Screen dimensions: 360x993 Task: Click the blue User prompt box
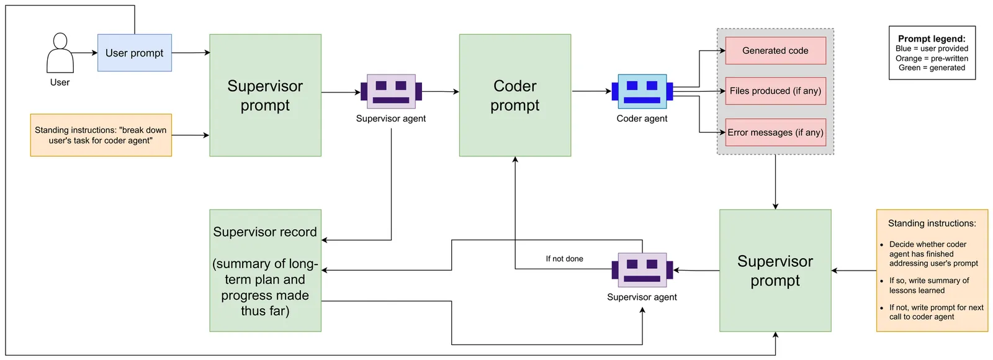134,53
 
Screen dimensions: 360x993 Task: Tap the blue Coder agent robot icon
642,91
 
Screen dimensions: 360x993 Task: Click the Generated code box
775,51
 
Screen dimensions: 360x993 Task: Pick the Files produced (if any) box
775,91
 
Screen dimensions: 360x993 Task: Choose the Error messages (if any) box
775,132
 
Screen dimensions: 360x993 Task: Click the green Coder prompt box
514,95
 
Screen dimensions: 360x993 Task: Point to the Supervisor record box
265,271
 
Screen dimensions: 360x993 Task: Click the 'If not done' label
564,259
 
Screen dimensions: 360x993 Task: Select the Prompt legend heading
932,38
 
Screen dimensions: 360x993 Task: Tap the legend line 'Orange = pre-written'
932,58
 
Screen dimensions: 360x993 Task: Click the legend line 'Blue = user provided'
932,48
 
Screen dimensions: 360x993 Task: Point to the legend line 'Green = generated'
932,68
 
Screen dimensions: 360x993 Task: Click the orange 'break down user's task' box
101,135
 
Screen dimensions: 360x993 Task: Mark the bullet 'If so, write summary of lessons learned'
929,286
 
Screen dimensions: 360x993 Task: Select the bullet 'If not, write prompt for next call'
936,312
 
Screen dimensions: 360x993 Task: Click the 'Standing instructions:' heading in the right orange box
932,223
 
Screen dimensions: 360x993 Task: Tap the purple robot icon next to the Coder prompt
391,91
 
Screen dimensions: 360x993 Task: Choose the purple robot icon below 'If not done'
642,270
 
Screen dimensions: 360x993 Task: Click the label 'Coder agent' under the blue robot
642,119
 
